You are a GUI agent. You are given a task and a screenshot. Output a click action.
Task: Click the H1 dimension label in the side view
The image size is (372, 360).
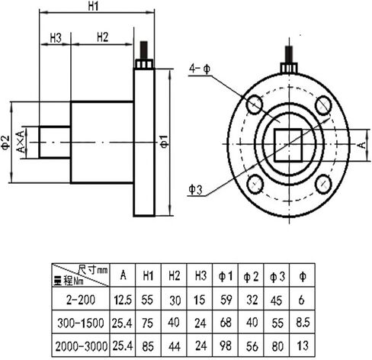93,6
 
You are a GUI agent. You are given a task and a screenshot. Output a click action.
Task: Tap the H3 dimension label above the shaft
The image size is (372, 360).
56,38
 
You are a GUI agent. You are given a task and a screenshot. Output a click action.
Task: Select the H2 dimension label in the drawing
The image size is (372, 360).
103,37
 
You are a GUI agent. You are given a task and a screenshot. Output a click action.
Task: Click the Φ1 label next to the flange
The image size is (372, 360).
165,142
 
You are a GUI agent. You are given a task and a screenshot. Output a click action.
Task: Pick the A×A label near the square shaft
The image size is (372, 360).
21,142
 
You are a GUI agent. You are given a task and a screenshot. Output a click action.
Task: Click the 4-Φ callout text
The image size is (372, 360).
200,69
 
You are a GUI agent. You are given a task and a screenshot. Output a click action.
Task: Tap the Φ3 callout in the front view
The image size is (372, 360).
195,190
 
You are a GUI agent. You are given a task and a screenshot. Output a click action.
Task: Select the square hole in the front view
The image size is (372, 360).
288,145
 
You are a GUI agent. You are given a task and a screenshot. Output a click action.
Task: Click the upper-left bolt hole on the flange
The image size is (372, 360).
255,104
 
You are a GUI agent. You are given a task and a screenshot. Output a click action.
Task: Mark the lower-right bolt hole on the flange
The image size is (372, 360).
323,184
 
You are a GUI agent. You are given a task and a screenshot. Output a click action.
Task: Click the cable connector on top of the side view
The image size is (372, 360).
144,56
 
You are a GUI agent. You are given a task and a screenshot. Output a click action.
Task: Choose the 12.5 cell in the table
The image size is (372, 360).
123,300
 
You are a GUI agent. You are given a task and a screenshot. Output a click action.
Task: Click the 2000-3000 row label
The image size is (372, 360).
81,346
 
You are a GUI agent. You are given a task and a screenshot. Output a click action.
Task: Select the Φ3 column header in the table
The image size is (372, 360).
277,276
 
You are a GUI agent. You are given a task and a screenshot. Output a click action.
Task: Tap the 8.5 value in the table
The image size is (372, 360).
303,323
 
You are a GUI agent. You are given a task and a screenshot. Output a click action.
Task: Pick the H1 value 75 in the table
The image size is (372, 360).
148,323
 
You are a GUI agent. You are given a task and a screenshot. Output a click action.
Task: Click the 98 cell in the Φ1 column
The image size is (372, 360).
226,346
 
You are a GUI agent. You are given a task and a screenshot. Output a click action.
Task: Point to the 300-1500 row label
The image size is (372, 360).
81,323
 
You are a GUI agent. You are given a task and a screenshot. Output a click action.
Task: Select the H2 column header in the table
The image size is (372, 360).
174,275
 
